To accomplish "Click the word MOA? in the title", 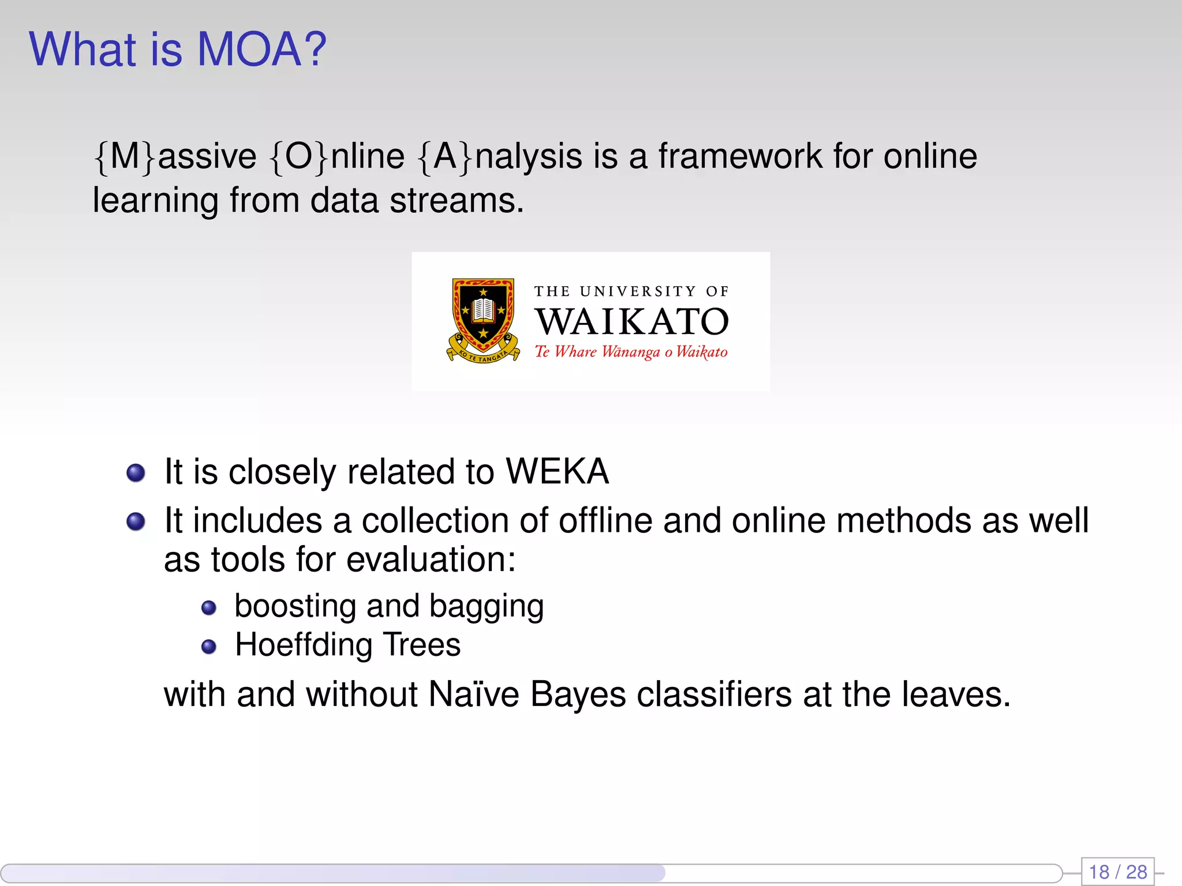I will tap(261, 50).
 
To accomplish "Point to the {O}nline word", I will tap(337, 156).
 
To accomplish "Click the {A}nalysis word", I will tap(499, 156).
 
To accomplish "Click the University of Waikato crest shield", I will tap(483, 317).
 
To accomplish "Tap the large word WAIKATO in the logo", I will tap(631, 322).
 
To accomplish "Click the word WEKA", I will tap(557, 472).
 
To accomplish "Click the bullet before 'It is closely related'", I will tap(136, 473).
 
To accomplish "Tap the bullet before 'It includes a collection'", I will tap(136, 521).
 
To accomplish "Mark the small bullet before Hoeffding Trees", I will tap(208, 647).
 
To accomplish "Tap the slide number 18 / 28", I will tap(1117, 872).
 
